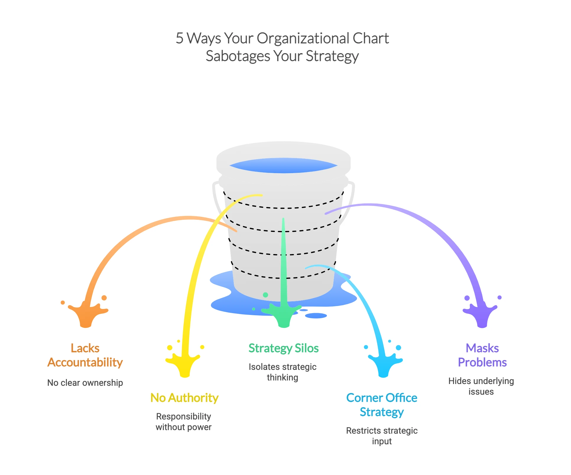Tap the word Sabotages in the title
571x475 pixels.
(x=238, y=56)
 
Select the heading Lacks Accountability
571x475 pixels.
(x=85, y=355)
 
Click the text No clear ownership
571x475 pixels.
(x=85, y=383)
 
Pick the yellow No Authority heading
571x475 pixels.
(x=184, y=398)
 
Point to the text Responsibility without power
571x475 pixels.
(x=184, y=422)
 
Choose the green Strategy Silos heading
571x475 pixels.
(x=283, y=348)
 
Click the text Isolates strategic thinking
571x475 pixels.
(x=283, y=372)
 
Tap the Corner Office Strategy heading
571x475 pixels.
(x=382, y=405)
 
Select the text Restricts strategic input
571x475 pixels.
(x=382, y=436)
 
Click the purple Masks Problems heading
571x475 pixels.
(x=482, y=355)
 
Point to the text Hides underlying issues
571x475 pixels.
(x=481, y=386)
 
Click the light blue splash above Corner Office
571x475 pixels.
(x=383, y=365)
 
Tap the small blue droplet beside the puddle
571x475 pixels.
(x=316, y=316)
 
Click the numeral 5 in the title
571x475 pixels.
(x=179, y=39)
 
